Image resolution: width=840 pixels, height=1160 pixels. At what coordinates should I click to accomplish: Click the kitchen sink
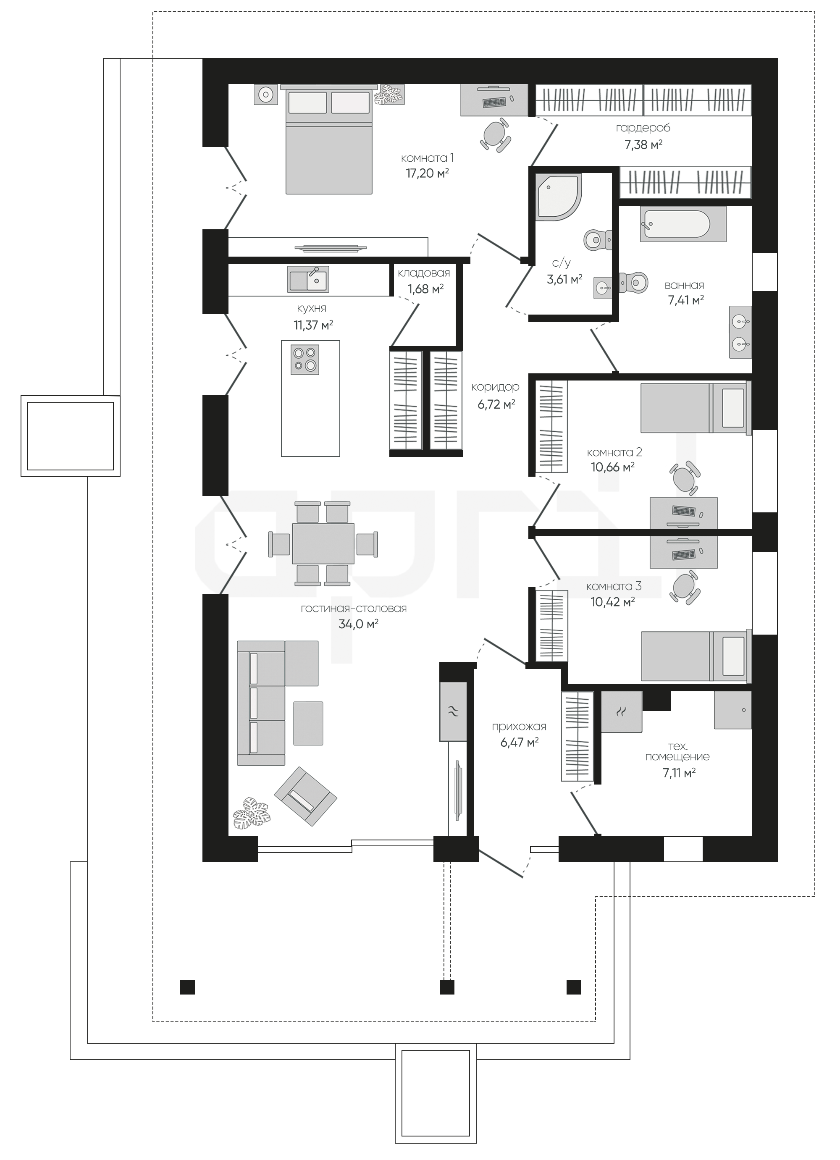point(308,279)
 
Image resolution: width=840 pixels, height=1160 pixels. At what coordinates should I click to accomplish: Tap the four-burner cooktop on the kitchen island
point(305,359)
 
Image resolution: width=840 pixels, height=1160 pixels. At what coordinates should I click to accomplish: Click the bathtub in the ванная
point(682,224)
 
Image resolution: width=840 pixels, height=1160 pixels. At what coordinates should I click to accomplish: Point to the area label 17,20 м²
point(427,173)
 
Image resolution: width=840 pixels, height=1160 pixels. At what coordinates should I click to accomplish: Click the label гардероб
point(643,128)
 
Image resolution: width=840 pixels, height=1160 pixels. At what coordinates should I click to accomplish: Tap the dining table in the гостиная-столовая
point(323,543)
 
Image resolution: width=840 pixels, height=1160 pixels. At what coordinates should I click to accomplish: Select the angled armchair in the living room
point(305,796)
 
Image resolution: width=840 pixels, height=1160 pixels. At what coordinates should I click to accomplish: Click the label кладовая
point(424,273)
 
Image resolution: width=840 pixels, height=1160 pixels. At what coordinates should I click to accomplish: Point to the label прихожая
point(519,727)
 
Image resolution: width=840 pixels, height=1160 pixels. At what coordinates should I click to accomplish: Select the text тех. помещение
point(677,751)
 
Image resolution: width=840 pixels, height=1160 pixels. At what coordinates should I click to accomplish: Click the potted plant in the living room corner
point(251,813)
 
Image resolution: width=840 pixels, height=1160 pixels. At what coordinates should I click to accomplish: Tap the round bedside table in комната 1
point(265,94)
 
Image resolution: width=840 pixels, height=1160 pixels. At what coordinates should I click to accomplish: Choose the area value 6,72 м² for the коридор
point(496,404)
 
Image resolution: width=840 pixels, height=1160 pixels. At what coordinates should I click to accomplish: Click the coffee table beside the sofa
point(308,723)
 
